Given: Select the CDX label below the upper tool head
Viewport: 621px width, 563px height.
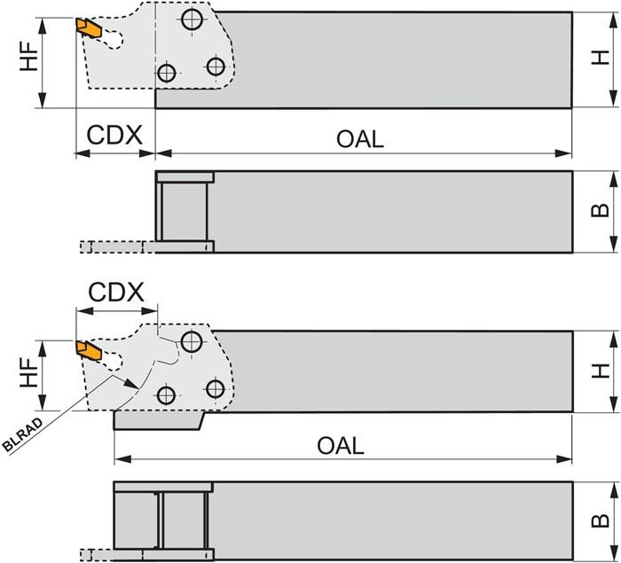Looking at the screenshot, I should tap(114, 136).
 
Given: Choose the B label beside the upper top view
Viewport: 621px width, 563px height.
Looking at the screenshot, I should tap(601, 211).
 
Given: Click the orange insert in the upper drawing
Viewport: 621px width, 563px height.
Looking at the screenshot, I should tap(87, 27).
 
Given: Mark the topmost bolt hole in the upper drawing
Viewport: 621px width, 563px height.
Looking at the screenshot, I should tap(191, 19).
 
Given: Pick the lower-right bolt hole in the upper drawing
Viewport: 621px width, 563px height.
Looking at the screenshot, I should tap(214, 66).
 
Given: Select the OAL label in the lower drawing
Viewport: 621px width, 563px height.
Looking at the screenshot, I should tap(341, 445).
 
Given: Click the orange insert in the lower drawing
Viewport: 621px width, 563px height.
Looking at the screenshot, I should tap(87, 348).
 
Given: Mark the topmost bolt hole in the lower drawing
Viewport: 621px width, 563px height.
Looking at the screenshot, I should tap(191, 340).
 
